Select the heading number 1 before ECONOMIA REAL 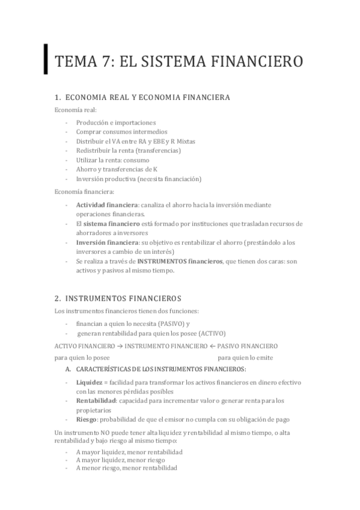click(x=56, y=97)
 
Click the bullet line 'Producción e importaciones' click(x=115, y=122)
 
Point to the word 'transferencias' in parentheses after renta click(x=158, y=150)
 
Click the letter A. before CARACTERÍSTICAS click(x=69, y=369)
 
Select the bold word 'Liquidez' click(x=89, y=382)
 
